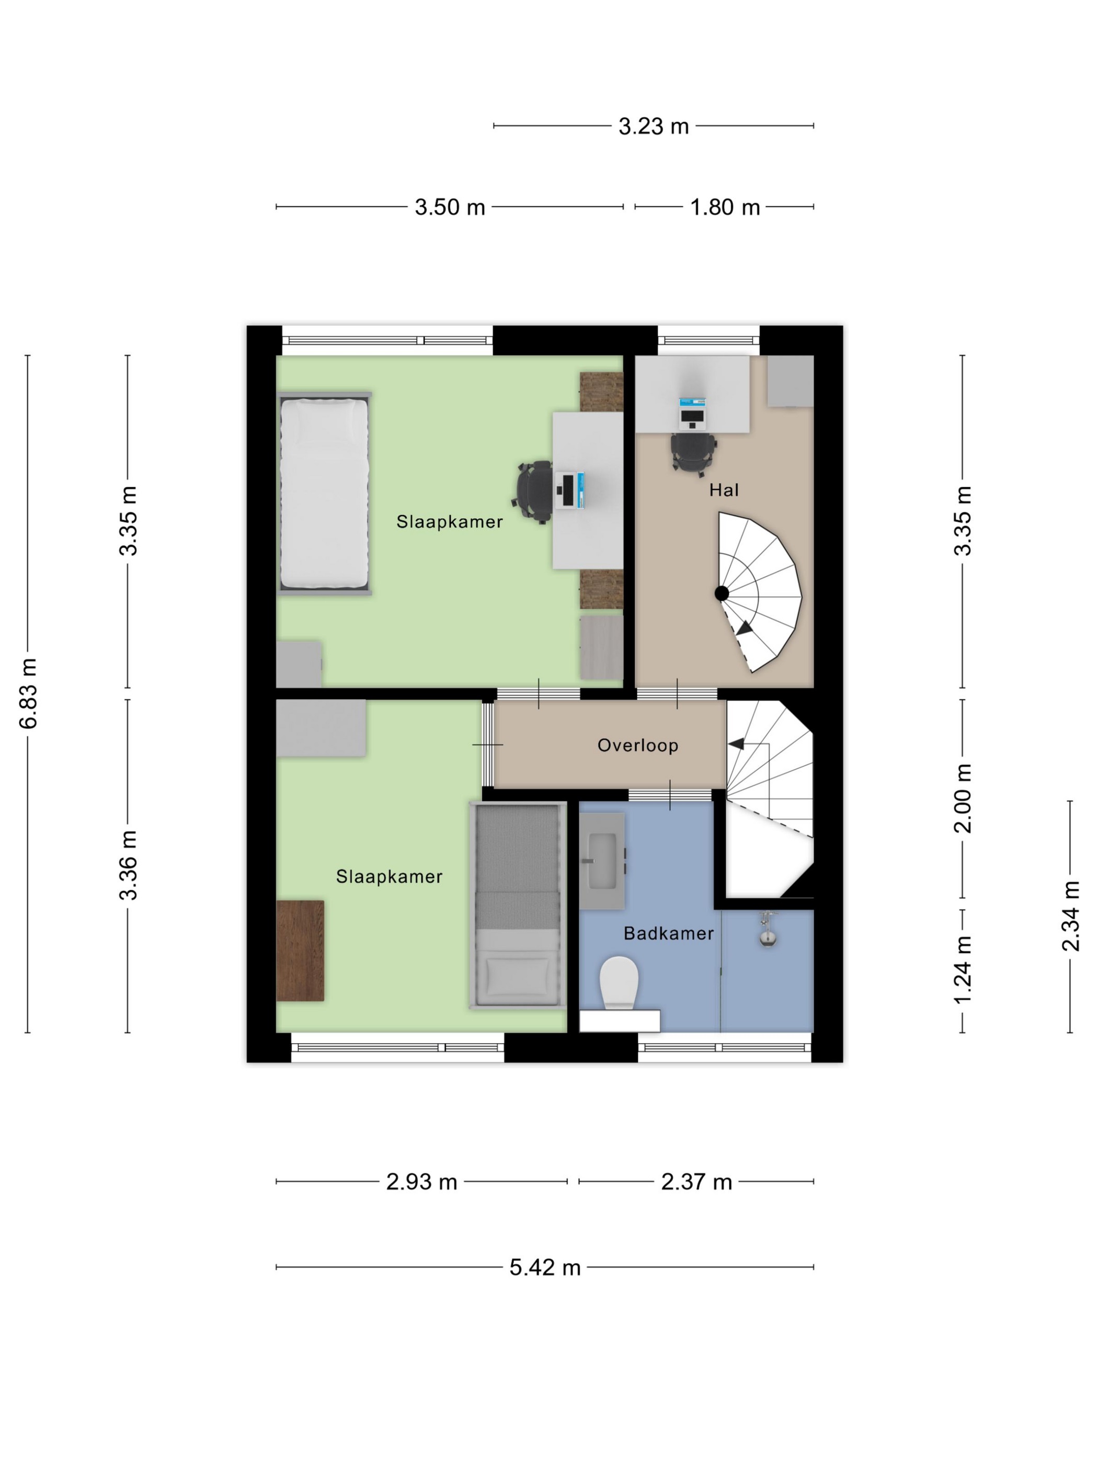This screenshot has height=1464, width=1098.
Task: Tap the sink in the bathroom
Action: coord(602,861)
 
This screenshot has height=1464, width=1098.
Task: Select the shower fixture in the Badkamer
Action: coord(768,930)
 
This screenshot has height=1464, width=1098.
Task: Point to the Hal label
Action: coord(724,490)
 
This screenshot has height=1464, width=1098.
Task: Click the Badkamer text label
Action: coord(668,933)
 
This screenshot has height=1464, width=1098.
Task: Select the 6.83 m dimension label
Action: coord(28,694)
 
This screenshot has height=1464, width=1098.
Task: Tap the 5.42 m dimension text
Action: coord(545,1267)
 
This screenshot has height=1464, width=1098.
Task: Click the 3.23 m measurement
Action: coord(653,126)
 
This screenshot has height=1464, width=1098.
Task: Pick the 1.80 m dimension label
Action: coord(725,207)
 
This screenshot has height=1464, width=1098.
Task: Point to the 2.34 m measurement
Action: coord(1070,916)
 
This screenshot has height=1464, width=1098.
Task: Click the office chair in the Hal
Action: coord(693,453)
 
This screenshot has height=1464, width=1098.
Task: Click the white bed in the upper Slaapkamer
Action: coord(324,493)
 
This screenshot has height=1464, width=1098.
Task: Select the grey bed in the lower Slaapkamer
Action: coord(518,906)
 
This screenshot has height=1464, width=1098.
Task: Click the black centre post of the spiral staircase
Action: coord(722,593)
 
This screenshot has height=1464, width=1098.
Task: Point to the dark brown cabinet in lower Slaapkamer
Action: coord(300,951)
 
